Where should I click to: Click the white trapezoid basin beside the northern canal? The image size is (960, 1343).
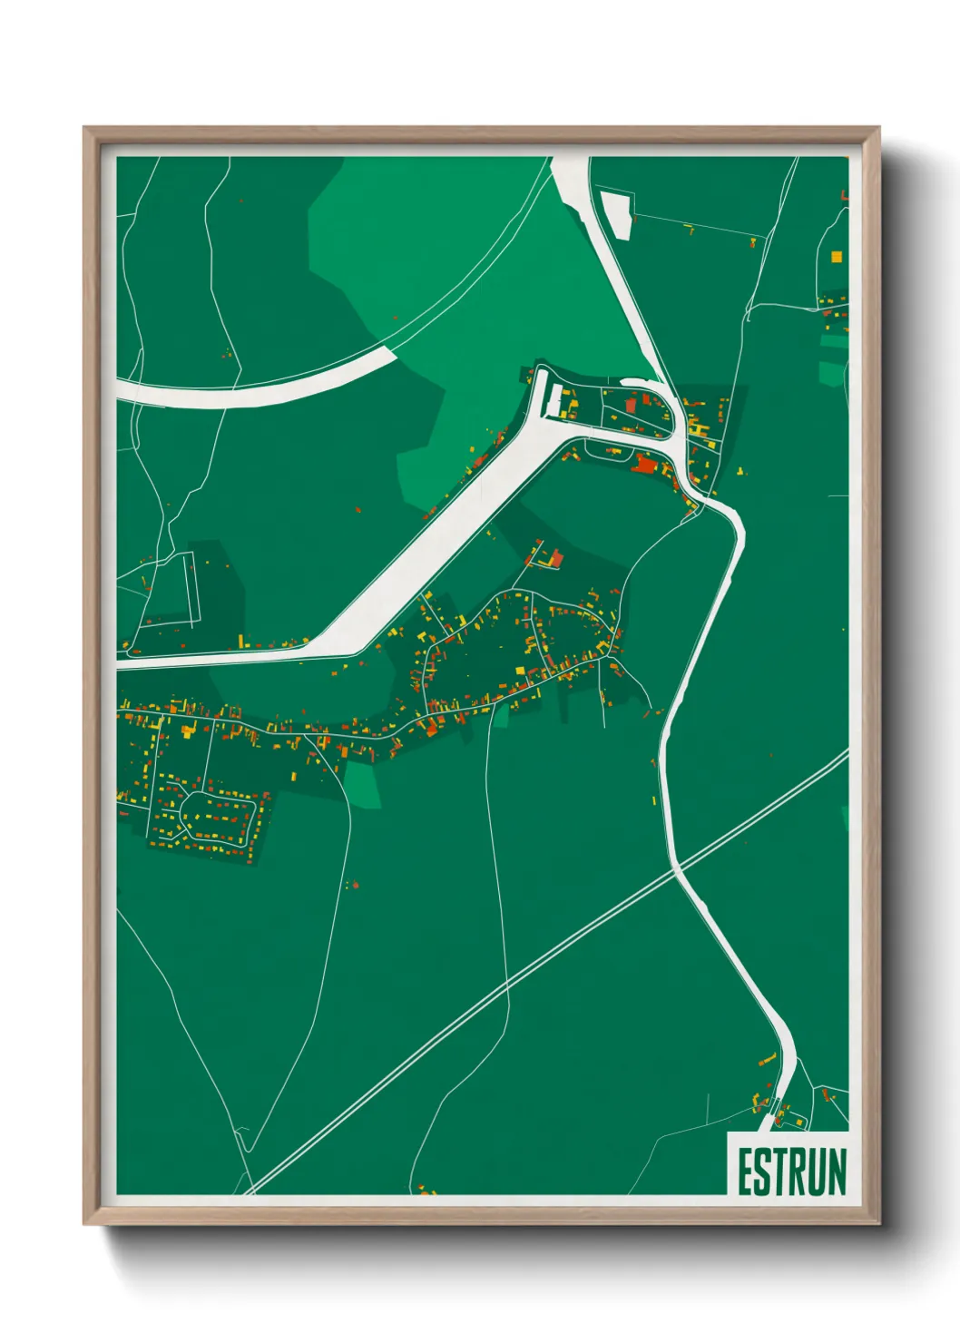[x=617, y=214]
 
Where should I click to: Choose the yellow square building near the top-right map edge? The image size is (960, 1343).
[x=836, y=257]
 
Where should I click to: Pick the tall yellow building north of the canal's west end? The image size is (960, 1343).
[x=240, y=642]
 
